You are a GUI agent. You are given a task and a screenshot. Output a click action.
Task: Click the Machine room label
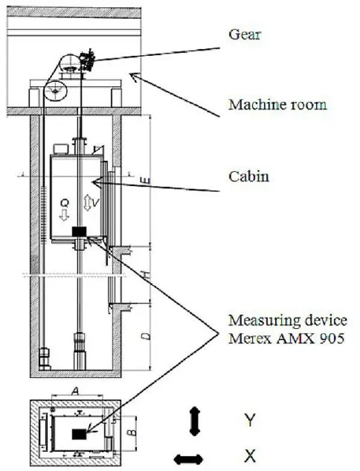point(277,104)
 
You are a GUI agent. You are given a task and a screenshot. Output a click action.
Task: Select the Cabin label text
point(249,176)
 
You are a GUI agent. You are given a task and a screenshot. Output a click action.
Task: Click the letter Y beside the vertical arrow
point(250,419)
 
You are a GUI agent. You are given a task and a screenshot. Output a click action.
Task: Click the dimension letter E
point(148,178)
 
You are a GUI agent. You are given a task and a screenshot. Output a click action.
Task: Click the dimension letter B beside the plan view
point(134,430)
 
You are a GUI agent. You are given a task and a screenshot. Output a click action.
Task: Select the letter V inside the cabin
point(95,203)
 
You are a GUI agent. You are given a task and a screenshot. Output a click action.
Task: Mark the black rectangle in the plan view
point(79,434)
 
